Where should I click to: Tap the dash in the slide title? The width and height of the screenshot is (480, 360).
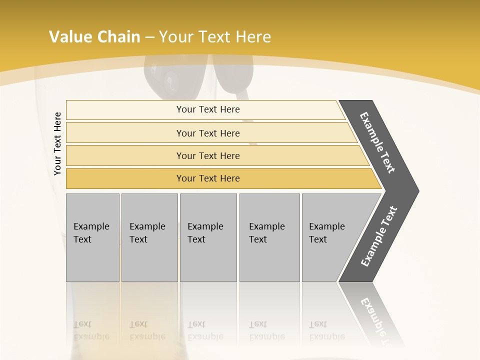[150, 37]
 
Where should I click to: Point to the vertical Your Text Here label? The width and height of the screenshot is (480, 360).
[57, 143]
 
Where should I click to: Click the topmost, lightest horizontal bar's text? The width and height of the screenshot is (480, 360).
[208, 109]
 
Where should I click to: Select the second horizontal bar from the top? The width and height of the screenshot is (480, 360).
[208, 133]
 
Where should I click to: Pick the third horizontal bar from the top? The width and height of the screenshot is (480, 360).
[208, 156]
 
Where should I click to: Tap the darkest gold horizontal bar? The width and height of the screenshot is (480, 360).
[208, 178]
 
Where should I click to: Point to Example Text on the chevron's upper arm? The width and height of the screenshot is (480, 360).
[377, 142]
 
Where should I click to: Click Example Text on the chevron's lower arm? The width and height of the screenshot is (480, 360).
[378, 236]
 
